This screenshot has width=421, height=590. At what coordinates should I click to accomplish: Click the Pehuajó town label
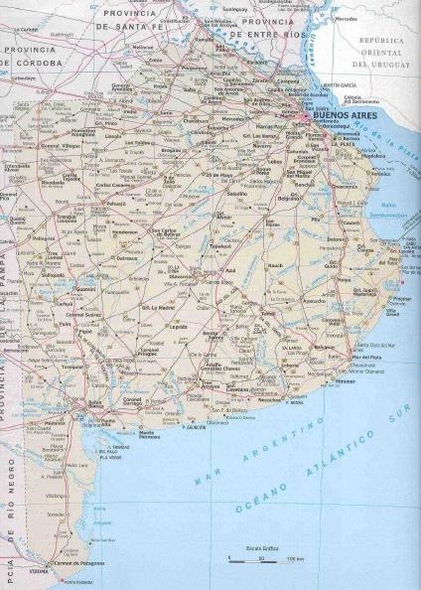coord(116,205)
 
